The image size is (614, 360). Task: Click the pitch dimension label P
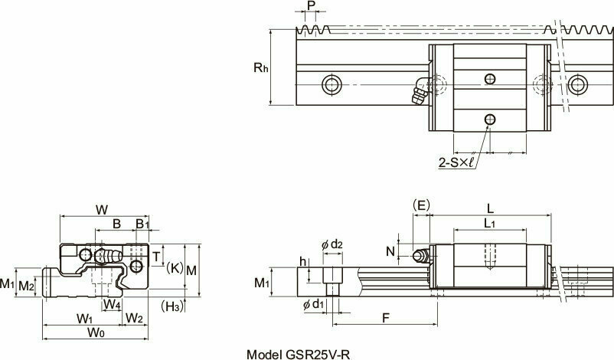pos(312,6)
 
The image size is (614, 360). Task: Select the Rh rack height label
pos(261,67)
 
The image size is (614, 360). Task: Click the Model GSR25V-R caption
pos(299,355)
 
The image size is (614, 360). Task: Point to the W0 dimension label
pos(96,332)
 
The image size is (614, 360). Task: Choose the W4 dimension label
pos(113,304)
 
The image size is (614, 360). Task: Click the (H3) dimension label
pos(172,306)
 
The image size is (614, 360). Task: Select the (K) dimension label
pos(174,267)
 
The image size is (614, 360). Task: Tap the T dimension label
pos(156,257)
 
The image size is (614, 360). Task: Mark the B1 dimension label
pos(142,224)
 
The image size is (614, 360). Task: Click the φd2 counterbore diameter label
pos(332,245)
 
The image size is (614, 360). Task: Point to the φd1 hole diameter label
pos(314,304)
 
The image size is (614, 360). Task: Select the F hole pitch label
pos(386,319)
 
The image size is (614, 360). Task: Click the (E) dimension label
pos(421,205)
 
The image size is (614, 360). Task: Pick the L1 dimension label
pos(490,224)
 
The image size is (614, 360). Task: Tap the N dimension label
pos(390,251)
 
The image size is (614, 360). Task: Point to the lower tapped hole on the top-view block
pos(490,119)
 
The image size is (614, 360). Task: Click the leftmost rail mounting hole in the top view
pos(331,84)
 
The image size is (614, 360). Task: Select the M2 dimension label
pos(26,286)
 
